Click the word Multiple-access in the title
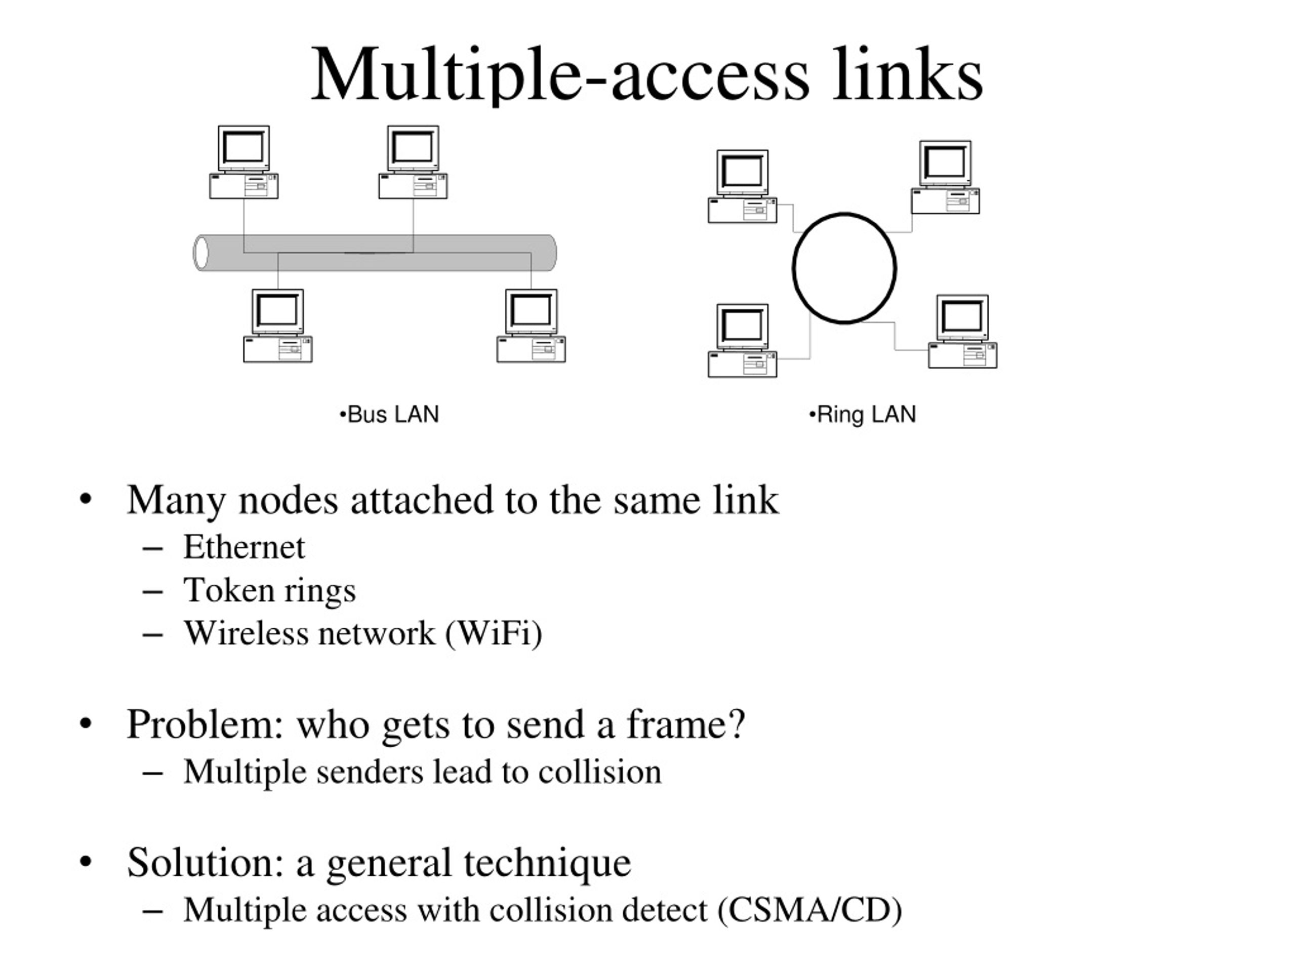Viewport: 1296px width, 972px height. pyautogui.click(x=560, y=75)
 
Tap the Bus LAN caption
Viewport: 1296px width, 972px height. pyautogui.click(x=389, y=414)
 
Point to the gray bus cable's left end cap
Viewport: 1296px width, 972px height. pyautogui.click(x=201, y=253)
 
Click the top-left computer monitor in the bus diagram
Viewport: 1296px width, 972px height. pyautogui.click(x=244, y=149)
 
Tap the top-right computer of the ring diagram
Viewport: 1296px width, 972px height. pyautogui.click(x=945, y=177)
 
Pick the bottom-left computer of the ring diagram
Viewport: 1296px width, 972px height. pyautogui.click(x=742, y=340)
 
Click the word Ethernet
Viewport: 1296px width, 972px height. pyautogui.click(x=244, y=547)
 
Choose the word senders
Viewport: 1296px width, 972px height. pyautogui.click(x=370, y=772)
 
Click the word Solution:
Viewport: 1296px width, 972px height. pyautogui.click(x=206, y=863)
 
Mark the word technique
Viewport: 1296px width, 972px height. pyautogui.click(x=547, y=864)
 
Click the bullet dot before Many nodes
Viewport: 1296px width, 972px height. pyautogui.click(x=86, y=500)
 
